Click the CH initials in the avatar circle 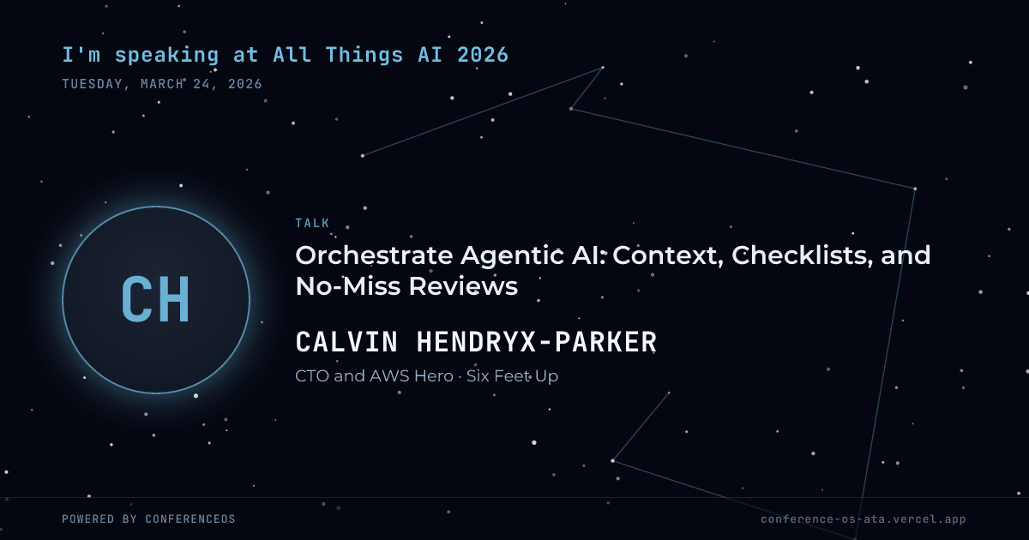[156, 300]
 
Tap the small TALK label [312, 223]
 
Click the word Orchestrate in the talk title [374, 255]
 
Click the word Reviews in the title [464, 286]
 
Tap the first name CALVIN [346, 342]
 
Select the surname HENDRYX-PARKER [537, 342]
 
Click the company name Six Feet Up [512, 376]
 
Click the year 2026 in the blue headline [483, 55]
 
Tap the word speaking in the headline [166, 56]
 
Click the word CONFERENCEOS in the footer [190, 519]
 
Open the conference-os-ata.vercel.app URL [864, 519]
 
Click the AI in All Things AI [430, 55]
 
